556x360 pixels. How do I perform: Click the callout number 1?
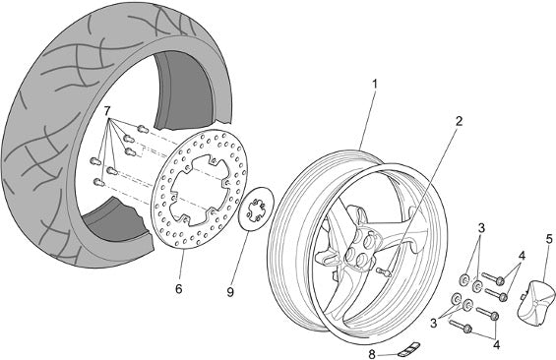375,85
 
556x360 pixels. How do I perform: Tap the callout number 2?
459,122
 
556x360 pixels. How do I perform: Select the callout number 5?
549,239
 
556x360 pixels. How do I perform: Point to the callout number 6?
179,289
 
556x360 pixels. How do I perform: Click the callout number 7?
107,110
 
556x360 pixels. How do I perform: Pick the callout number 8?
372,354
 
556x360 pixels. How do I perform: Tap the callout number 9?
230,292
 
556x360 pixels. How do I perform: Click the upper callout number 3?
481,228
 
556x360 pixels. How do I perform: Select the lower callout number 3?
434,323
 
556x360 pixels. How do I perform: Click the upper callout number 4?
522,256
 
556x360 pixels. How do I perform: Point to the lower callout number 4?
496,344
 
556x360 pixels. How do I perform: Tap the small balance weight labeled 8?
408,348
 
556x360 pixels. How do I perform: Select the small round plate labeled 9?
257,210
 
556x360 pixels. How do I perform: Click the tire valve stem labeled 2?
383,271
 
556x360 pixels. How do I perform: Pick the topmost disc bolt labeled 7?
142,129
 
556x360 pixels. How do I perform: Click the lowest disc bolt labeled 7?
98,183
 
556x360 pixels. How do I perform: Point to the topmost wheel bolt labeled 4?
493,278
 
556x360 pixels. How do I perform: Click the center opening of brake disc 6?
198,191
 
